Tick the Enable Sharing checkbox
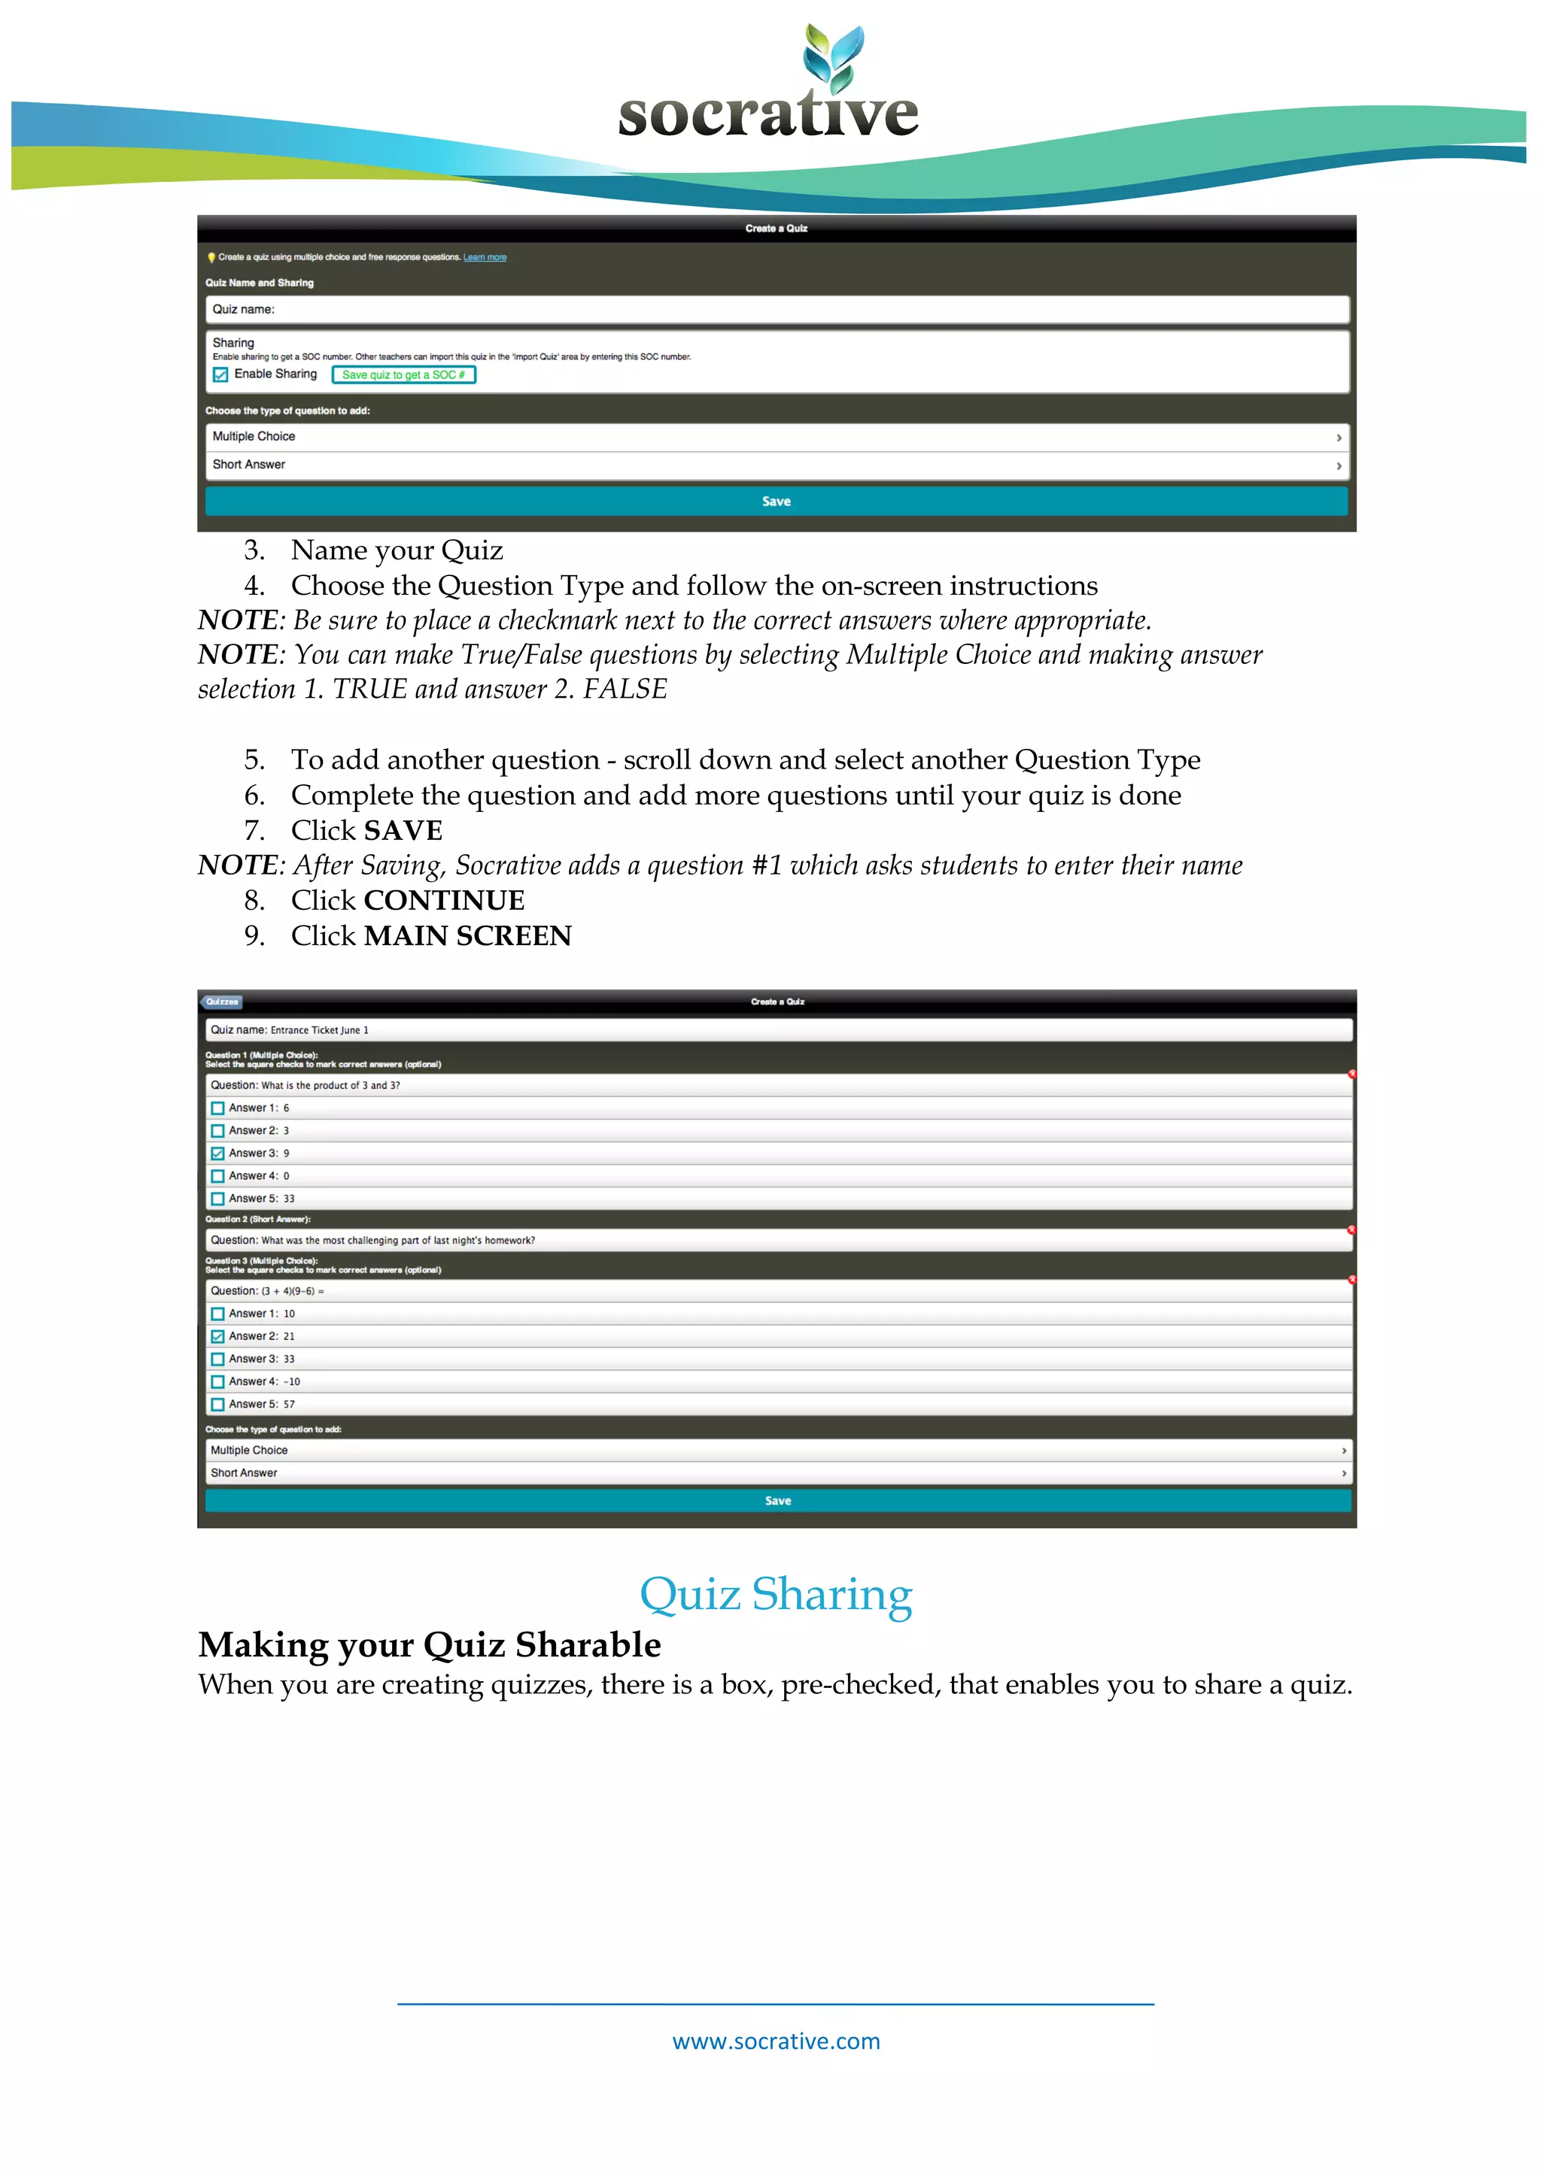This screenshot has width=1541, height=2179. [x=220, y=375]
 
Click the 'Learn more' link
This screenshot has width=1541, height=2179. [x=485, y=257]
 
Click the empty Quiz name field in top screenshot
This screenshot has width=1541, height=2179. [x=776, y=309]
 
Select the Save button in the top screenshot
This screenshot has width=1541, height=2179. [x=776, y=501]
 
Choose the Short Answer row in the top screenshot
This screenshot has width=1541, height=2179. [x=776, y=465]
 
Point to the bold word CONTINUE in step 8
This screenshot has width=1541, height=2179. [x=445, y=900]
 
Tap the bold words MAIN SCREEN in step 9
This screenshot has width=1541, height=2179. [x=468, y=936]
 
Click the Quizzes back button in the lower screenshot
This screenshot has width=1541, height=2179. [x=222, y=1002]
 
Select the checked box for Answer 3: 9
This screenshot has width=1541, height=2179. [x=217, y=1153]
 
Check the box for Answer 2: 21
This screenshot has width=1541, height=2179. [x=217, y=1336]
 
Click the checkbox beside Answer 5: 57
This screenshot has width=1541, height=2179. [x=217, y=1405]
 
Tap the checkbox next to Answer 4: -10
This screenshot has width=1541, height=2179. [x=217, y=1382]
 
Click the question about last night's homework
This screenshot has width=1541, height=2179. [x=398, y=1241]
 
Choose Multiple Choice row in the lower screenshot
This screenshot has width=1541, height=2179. [x=776, y=1450]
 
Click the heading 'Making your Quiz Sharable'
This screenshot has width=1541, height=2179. [x=429, y=1644]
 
